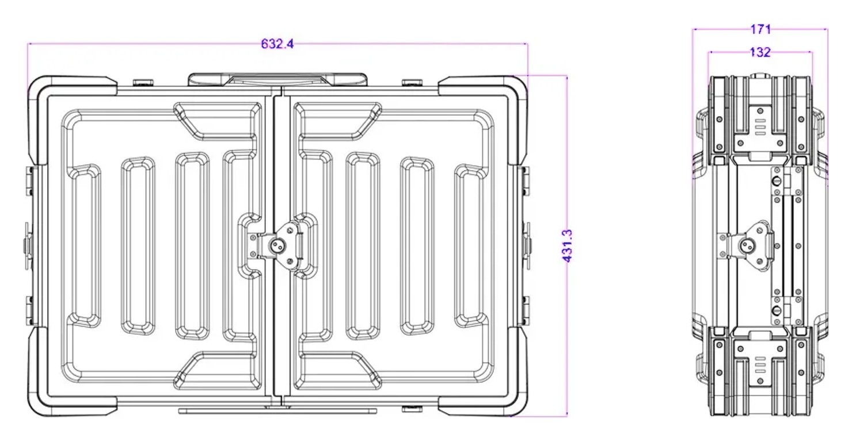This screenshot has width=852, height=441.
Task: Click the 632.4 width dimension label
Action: tap(277, 44)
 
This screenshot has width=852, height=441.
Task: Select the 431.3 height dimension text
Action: tap(567, 246)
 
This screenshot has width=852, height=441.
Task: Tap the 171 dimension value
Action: tap(760, 29)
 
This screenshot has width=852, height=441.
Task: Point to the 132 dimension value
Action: tap(760, 52)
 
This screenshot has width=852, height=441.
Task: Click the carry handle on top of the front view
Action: tap(277, 79)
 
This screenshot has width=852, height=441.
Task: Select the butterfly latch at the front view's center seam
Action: tap(276, 246)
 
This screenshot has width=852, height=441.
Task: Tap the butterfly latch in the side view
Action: tap(746, 246)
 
